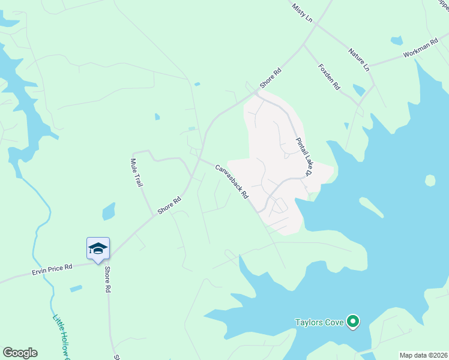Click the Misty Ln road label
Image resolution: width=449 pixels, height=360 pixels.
click(303, 13)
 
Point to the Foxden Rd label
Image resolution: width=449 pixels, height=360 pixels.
click(330, 76)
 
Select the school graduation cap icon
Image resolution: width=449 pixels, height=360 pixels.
click(98, 248)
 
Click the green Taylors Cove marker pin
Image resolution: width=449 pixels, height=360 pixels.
click(354, 323)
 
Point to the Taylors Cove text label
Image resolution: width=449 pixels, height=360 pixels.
click(319, 323)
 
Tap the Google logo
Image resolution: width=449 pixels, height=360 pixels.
click(20, 353)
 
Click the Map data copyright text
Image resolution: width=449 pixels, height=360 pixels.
click(423, 355)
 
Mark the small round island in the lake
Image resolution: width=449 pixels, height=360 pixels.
click(430, 180)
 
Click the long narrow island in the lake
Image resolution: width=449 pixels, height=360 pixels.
click(372, 207)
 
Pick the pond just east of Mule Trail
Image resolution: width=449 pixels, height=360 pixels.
click(109, 211)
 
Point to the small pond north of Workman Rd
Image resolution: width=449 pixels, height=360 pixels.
click(396, 41)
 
